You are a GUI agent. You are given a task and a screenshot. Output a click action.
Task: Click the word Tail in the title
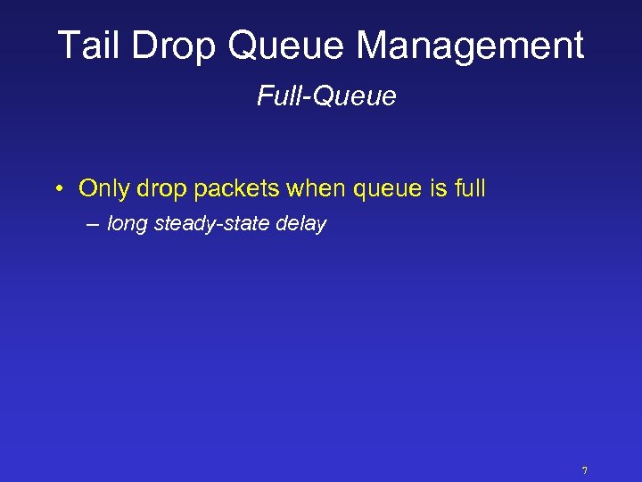click(87, 46)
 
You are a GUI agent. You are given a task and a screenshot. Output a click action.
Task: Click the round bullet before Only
click(56, 189)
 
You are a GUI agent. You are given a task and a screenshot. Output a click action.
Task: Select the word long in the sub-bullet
click(128, 225)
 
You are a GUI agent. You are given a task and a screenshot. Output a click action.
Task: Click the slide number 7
click(585, 470)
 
